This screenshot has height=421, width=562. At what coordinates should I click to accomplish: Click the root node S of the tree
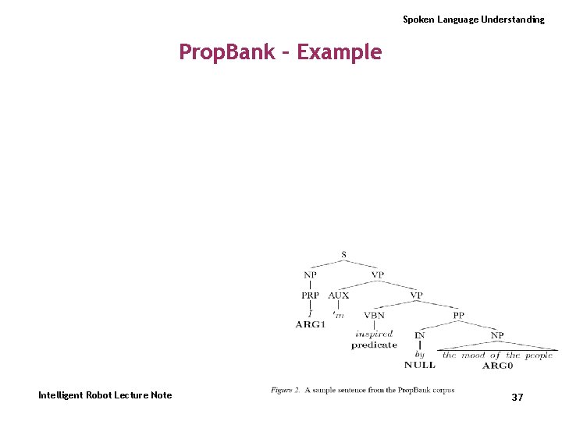click(344, 255)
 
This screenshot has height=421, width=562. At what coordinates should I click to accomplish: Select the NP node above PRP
click(311, 275)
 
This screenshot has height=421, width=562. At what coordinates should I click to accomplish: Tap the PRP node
click(311, 295)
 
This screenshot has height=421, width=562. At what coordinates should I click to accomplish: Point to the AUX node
click(339, 295)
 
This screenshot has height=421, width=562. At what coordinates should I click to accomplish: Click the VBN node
click(374, 316)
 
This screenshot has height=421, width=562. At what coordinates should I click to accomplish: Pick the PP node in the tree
click(458, 316)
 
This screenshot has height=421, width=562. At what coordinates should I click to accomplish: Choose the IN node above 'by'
click(420, 336)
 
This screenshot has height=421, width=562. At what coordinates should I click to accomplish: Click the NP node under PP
click(497, 336)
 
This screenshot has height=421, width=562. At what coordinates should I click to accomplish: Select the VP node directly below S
click(378, 275)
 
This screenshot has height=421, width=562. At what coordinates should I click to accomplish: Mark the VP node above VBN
click(417, 295)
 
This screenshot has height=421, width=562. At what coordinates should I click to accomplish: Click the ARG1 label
click(310, 324)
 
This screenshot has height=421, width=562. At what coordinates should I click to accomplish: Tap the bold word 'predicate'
click(374, 345)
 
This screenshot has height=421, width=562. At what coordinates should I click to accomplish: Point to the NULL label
click(420, 365)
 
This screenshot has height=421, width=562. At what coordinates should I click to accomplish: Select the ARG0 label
click(497, 365)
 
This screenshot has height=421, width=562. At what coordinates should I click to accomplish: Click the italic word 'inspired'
click(374, 334)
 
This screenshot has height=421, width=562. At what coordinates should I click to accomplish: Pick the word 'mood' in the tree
click(473, 356)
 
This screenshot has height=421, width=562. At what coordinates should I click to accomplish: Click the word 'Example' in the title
click(340, 52)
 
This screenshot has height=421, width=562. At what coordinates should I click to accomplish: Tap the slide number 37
click(518, 398)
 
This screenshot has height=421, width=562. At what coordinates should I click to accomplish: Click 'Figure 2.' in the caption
click(286, 390)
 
